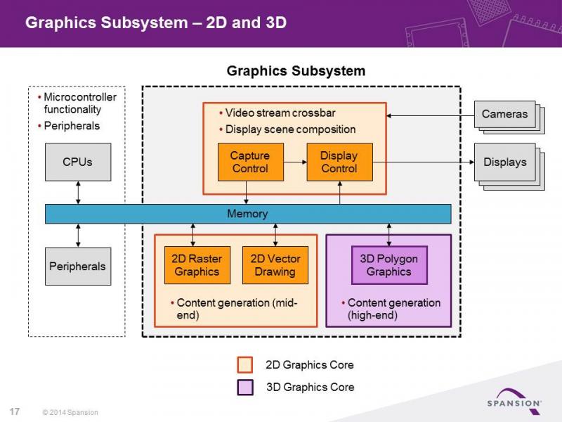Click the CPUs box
click(78, 162)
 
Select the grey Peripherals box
click(78, 267)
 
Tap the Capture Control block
click(251, 162)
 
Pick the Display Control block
click(339, 162)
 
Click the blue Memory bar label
click(247, 214)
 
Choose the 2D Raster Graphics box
click(197, 265)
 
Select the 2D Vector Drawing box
click(275, 265)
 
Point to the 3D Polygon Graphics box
click(389, 265)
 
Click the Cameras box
click(504, 114)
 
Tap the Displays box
click(504, 162)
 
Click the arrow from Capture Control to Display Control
click(295, 162)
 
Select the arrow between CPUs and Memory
click(78, 193)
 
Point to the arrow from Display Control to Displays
click(424, 162)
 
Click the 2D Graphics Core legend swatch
click(244, 364)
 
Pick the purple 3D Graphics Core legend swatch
click(244, 388)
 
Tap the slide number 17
click(14, 411)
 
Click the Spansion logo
click(515, 401)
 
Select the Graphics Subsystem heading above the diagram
click(296, 71)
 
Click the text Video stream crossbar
click(280, 113)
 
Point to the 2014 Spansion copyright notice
click(70, 412)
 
